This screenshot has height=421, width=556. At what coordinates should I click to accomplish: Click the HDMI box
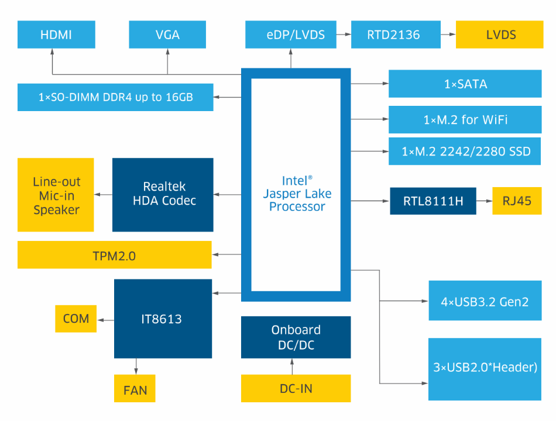56,34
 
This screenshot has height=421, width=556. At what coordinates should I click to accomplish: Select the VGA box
167,34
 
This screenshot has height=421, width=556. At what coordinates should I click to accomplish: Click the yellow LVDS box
501,34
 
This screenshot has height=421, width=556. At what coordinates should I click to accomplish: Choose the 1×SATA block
465,84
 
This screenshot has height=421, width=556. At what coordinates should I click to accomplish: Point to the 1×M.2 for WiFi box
465,120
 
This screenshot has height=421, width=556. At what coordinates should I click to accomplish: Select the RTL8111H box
433,201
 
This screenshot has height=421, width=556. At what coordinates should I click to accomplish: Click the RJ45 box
517,201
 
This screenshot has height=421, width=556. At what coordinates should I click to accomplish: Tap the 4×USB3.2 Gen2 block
485,301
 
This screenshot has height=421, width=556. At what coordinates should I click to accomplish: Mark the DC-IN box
296,389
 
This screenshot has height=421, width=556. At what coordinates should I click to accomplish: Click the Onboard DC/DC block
296,337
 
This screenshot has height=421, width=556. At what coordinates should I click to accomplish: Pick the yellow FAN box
135,389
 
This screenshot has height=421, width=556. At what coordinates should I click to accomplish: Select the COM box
76,319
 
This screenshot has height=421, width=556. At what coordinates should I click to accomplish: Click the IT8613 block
163,319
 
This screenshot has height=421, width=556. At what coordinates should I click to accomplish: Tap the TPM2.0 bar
114,256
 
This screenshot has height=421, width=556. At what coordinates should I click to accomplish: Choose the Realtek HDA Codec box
163,194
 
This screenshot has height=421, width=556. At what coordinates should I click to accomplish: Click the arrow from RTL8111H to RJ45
484,201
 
